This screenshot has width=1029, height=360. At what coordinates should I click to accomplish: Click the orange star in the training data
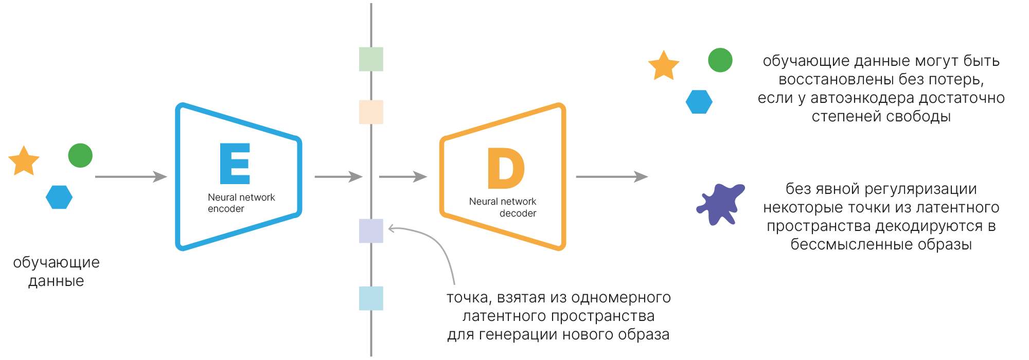[x=24, y=161]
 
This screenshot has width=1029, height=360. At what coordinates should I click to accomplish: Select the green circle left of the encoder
[x=80, y=155]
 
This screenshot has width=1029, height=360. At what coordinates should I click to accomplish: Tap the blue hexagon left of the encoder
[x=59, y=197]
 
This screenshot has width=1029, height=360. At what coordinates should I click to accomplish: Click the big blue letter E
[x=235, y=164]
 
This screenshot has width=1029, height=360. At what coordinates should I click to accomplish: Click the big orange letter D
[x=506, y=168]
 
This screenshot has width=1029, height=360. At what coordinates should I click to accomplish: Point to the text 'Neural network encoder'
[x=241, y=203]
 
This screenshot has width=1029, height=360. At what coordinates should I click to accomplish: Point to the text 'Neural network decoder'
[x=503, y=207]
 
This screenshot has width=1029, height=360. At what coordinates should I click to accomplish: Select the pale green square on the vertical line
[x=371, y=59]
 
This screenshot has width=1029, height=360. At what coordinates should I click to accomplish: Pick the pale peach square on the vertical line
[x=371, y=112]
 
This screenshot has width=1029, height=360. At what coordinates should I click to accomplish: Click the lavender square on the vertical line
[x=371, y=231]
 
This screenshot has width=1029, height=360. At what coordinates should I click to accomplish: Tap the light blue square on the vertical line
[x=371, y=298]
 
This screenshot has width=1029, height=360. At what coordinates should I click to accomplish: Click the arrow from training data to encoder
[x=131, y=177]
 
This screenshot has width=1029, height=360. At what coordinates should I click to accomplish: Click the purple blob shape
[x=721, y=204]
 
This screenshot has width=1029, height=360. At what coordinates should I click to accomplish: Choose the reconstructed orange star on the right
[x=664, y=66]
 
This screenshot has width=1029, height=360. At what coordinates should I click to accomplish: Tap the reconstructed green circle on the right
[x=720, y=60]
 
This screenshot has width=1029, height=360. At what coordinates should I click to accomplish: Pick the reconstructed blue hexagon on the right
[x=699, y=102]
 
